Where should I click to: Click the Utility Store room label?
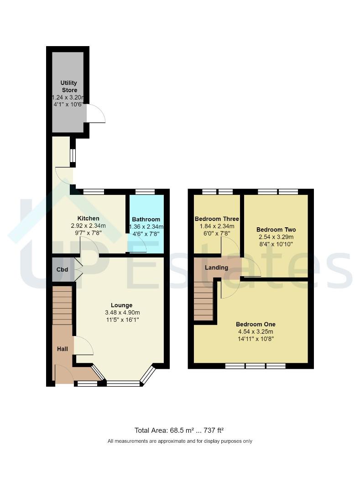(69, 86)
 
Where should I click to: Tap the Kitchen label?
(88, 219)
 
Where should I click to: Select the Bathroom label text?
(146, 219)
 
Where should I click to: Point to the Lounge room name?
(122, 305)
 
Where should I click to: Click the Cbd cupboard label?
(62, 270)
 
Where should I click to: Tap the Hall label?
(63, 349)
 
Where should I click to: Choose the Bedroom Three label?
(214, 219)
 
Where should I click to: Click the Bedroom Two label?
(276, 230)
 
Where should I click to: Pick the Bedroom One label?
(256, 325)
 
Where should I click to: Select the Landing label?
(216, 267)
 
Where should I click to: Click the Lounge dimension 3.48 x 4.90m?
(122, 313)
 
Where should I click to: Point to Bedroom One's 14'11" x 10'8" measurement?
(256, 339)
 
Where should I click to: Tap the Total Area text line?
(179, 430)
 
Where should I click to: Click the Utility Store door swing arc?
(97, 114)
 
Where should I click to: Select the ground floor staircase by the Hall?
(63, 305)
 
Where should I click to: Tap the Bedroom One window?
(256, 366)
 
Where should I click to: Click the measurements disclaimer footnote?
(180, 441)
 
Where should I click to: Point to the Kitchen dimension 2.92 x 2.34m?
(88, 226)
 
